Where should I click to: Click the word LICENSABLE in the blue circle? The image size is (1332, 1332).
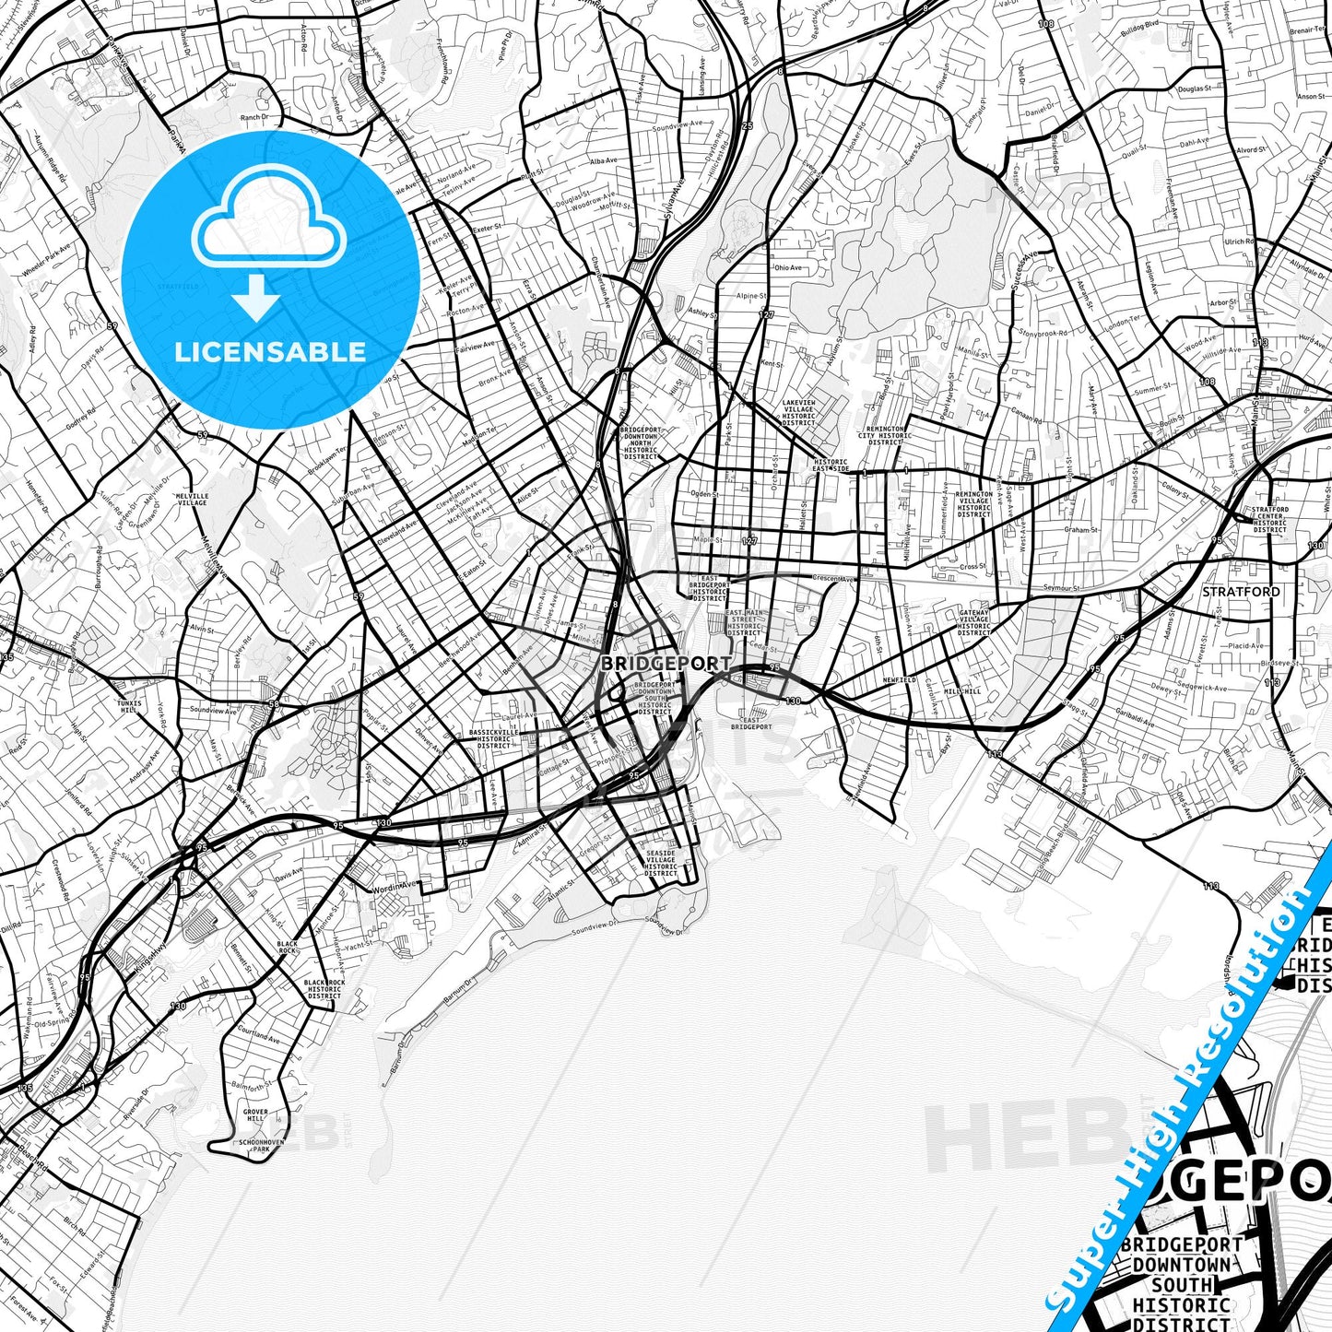coord(270,352)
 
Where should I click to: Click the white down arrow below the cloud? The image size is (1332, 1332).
coord(256,301)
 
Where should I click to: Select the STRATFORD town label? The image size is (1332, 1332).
coord(1241,591)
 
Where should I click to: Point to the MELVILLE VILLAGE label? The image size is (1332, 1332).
coord(192,500)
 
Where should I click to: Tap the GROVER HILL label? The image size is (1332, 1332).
coord(255,1115)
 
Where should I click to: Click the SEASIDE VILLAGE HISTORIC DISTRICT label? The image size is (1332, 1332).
coord(661,864)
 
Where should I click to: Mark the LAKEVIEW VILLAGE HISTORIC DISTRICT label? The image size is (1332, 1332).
coord(798,413)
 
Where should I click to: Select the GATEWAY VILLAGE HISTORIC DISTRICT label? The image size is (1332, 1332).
coord(973,622)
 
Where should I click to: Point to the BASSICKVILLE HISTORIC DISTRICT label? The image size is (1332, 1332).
coord(494,738)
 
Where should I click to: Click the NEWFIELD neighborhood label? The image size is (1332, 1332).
coord(900,679)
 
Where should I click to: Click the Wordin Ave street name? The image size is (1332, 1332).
coord(395,887)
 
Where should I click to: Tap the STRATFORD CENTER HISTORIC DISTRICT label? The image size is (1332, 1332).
coord(1269,519)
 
